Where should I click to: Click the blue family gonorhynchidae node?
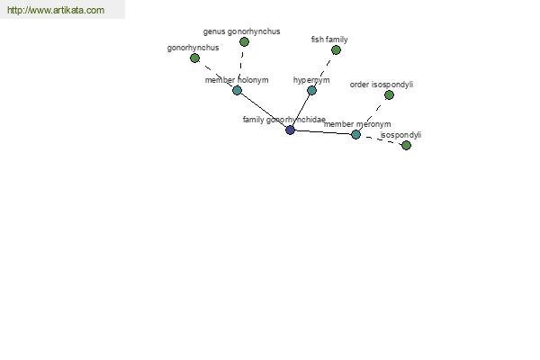point(291,130)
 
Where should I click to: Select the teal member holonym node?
point(237,91)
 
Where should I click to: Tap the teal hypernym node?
point(311,91)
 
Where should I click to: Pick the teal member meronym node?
point(355,134)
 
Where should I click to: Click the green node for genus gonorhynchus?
point(244,42)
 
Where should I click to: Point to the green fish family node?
point(336,50)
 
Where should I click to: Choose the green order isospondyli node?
point(389,95)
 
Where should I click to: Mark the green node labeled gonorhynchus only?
point(195,58)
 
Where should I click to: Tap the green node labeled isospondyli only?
point(407,146)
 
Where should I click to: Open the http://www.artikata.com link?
point(56,10)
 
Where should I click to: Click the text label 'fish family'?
point(329,40)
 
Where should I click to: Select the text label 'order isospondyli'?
point(382,85)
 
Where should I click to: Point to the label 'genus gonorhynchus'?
point(242,31)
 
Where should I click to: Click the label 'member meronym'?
point(357,124)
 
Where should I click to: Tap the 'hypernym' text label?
point(311,80)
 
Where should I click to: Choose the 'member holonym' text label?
point(237,80)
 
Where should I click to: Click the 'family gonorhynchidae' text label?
point(284,120)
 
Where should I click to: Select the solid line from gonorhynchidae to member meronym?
point(323,132)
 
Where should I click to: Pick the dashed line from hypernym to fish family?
point(324,70)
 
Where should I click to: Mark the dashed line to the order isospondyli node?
point(373,114)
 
